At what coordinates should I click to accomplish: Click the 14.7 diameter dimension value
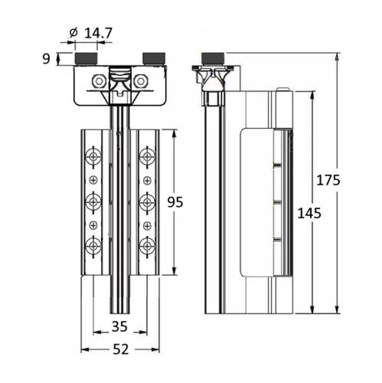click(x=98, y=33)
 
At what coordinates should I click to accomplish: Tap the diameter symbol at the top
click(x=73, y=33)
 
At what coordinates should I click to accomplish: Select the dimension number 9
click(x=46, y=59)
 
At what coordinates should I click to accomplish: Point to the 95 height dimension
click(x=175, y=202)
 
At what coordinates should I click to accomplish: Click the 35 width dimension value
click(x=119, y=326)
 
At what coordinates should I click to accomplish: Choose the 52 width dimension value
click(x=121, y=349)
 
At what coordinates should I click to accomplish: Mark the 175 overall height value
click(x=328, y=180)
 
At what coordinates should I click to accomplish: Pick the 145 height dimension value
click(x=309, y=213)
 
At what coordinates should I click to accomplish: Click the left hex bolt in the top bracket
click(x=99, y=81)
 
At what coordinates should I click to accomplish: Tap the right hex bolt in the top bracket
click(x=141, y=81)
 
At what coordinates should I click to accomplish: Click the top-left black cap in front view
click(x=86, y=58)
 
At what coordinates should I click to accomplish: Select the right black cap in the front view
click(x=154, y=58)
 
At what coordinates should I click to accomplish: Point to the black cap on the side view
click(x=213, y=58)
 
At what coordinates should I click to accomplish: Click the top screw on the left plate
click(x=93, y=157)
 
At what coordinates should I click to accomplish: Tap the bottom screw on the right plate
click(x=147, y=247)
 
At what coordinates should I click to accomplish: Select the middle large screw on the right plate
click(x=147, y=202)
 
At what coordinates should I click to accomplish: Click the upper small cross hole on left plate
click(x=93, y=181)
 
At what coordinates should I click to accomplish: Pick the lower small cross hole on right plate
click(x=147, y=226)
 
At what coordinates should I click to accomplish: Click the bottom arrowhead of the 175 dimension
click(x=338, y=309)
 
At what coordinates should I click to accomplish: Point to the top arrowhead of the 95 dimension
click(x=175, y=134)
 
